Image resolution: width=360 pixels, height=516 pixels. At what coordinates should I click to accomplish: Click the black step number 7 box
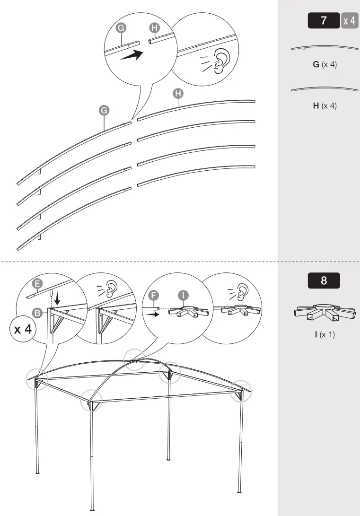point(324,21)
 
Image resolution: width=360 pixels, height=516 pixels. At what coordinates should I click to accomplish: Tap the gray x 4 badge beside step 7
point(350,21)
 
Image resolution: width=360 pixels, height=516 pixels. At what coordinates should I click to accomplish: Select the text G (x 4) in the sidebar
point(325,64)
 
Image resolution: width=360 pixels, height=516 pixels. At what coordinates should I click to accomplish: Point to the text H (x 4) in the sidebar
point(325,105)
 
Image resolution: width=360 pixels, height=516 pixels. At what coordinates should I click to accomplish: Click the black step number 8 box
point(324,280)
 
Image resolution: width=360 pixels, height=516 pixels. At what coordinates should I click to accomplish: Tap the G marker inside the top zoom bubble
point(122,28)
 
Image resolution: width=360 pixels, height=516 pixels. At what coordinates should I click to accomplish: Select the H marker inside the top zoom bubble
point(154,28)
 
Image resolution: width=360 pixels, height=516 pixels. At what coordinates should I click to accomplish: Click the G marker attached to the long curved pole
point(103,110)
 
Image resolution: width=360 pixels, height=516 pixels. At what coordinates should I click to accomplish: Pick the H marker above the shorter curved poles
point(178,93)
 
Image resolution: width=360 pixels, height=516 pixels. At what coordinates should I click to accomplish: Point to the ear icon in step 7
point(219,61)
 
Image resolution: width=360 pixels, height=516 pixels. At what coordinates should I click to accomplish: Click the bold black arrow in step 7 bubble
point(132,55)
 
